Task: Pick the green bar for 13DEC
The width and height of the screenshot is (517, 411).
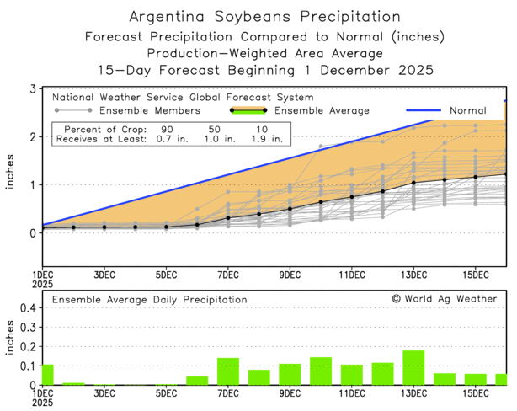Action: [413, 368]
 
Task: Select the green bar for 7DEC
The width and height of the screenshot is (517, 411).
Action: [228, 371]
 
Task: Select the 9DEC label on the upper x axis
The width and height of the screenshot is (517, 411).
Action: [290, 275]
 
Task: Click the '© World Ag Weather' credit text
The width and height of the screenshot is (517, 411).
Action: [444, 298]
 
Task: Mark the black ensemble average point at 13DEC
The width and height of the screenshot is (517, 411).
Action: [413, 182]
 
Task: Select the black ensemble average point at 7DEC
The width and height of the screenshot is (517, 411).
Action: [228, 218]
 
